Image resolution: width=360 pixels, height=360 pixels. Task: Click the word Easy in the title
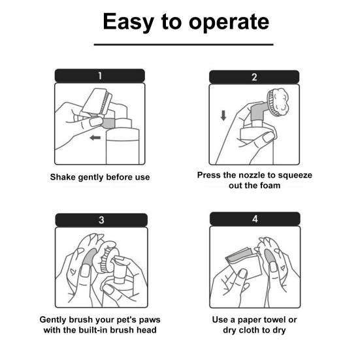[x=128, y=22]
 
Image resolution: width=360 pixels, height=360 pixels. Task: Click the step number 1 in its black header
[x=100, y=76]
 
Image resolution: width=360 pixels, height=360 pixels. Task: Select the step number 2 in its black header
[x=254, y=77]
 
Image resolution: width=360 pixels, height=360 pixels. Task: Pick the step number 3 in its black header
[x=101, y=220]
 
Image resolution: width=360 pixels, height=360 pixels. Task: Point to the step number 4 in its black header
[x=255, y=219]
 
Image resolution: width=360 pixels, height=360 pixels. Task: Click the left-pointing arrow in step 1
[x=95, y=138]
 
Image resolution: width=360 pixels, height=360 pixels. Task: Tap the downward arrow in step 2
[x=223, y=116]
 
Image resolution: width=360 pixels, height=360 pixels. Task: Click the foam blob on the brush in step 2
[x=280, y=101]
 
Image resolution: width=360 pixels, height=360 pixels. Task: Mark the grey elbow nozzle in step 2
[x=259, y=112]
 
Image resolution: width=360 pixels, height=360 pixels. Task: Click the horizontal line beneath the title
[x=184, y=44]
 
